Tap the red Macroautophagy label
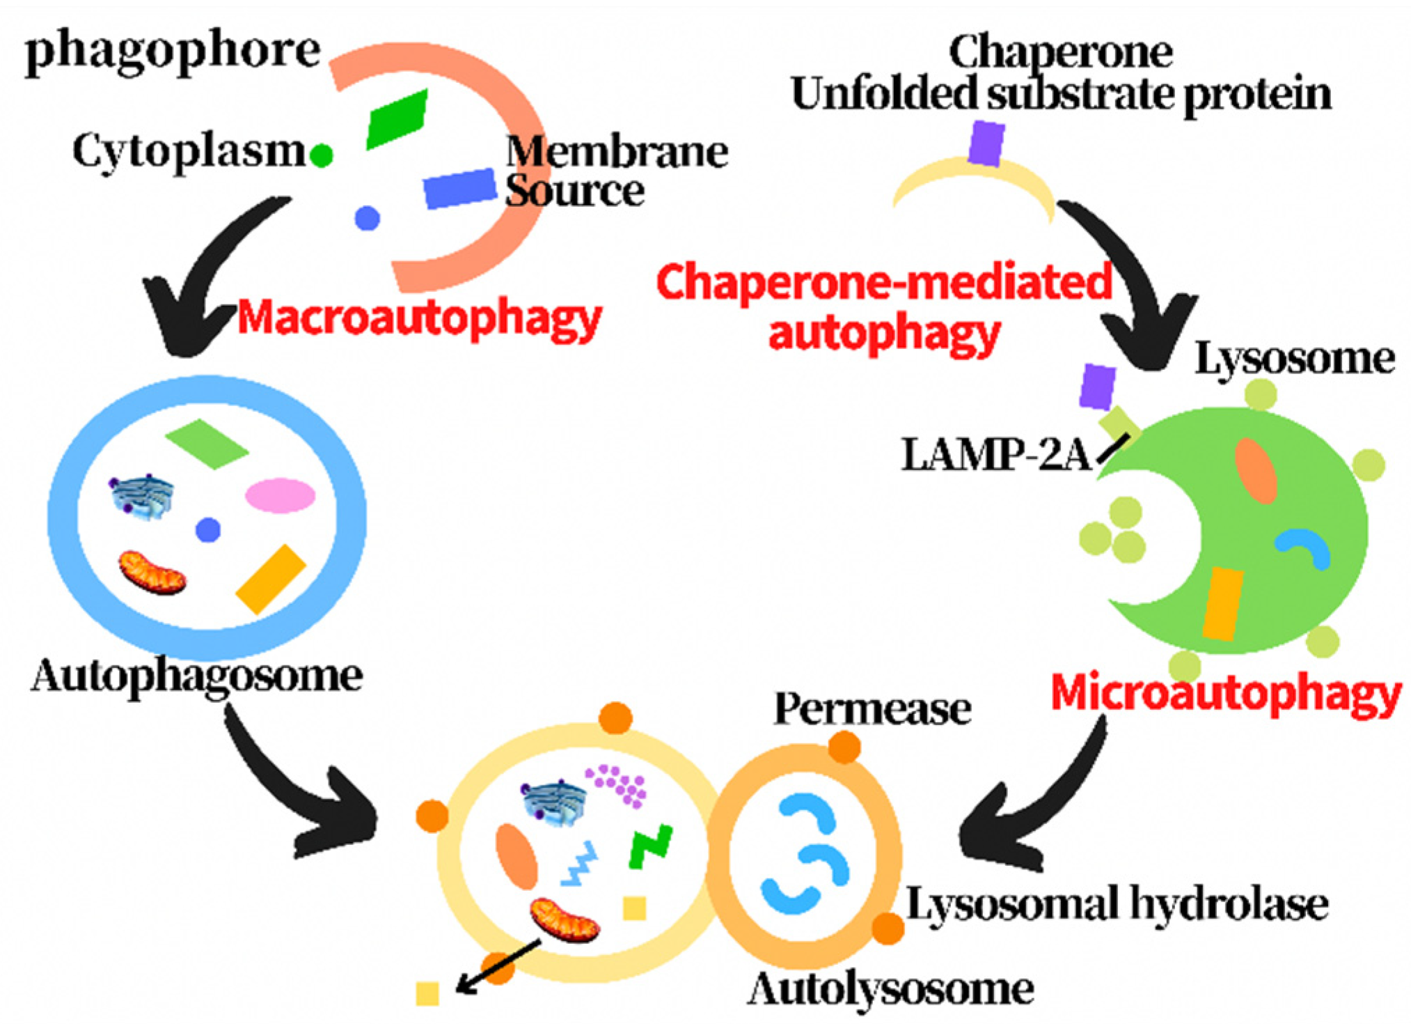419,318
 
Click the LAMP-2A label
995,455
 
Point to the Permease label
872,709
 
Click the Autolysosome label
890,989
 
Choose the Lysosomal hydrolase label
1117,904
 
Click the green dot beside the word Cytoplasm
321,155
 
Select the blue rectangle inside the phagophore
459,188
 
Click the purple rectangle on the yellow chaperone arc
986,143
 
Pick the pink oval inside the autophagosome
280,495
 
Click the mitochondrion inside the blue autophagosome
152,573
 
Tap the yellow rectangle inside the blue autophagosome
271,580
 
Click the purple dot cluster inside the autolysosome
617,785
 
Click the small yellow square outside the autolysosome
427,993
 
